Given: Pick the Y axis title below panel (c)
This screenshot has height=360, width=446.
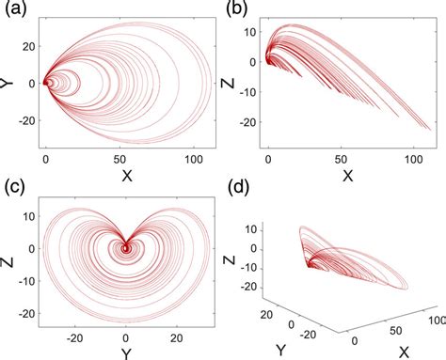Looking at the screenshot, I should [125, 352].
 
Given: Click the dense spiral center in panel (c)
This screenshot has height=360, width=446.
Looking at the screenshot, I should [126, 248].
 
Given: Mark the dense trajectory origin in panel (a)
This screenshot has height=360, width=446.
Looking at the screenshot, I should [47, 83].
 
